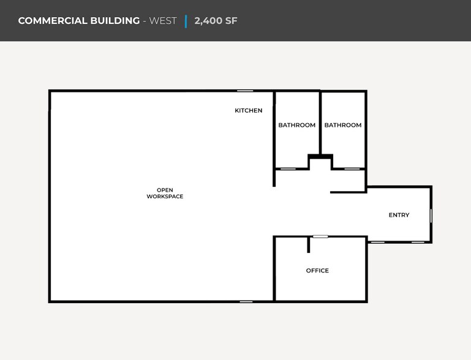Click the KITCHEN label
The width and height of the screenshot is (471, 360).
(x=249, y=110)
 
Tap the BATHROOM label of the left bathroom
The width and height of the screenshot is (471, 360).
(x=297, y=125)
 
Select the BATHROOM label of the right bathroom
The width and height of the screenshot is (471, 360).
(x=343, y=125)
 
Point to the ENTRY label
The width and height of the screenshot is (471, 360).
(x=399, y=215)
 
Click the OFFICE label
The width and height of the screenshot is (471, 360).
(x=317, y=271)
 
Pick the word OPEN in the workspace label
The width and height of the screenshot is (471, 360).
(x=165, y=190)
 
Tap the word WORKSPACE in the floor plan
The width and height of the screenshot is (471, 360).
(x=165, y=197)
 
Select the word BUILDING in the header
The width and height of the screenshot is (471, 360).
(x=115, y=21)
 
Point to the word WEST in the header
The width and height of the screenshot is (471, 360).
(x=163, y=21)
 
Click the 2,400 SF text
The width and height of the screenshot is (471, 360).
(x=216, y=21)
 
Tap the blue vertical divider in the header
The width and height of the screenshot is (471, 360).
(x=186, y=21)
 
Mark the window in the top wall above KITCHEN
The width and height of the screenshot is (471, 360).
(x=245, y=91)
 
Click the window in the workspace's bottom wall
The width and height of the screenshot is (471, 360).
(x=246, y=301)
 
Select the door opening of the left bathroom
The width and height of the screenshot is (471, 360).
(x=288, y=169)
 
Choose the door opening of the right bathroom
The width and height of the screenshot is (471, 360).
(x=352, y=169)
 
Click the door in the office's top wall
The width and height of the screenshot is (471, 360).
(x=320, y=236)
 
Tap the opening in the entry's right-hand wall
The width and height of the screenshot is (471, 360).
(x=431, y=216)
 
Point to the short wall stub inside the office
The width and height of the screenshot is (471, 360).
(x=309, y=245)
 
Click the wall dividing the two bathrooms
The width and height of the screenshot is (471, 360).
(x=320, y=123)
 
